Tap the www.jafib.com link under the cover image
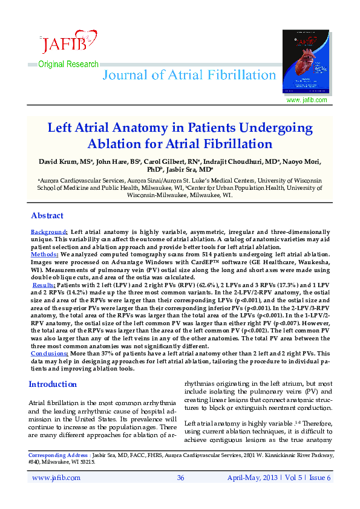[306, 100]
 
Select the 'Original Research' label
[68, 65]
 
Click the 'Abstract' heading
[47, 215]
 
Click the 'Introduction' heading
[53, 384]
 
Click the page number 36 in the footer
[180, 478]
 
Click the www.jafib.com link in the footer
[56, 478]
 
